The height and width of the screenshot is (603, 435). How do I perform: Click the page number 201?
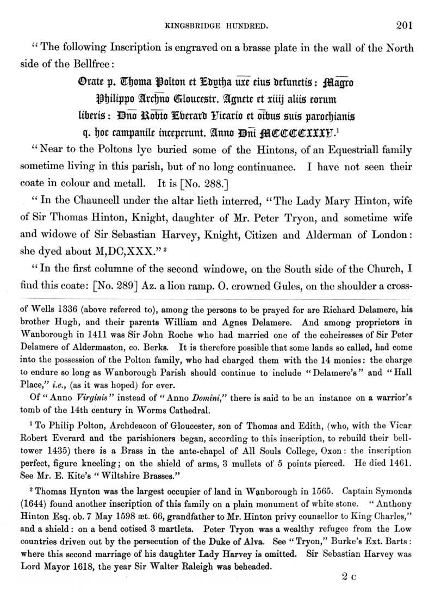[x=405, y=24]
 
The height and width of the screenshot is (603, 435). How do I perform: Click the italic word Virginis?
[x=78, y=387]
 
